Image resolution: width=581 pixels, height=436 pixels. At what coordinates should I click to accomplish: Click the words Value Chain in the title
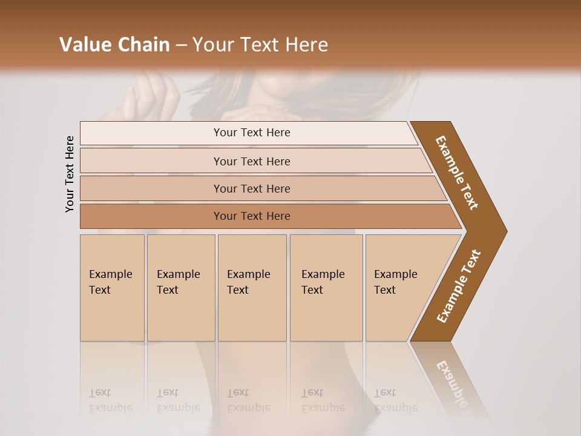(x=114, y=44)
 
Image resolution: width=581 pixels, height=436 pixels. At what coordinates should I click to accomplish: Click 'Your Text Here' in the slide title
(x=260, y=44)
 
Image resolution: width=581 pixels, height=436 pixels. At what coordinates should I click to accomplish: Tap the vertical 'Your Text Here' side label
(x=70, y=174)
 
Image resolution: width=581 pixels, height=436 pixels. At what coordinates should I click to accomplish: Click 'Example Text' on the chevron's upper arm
(x=457, y=173)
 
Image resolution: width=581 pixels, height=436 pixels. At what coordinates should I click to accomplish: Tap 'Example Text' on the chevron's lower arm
(x=459, y=286)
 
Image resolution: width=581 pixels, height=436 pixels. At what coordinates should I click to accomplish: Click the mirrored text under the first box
(x=110, y=400)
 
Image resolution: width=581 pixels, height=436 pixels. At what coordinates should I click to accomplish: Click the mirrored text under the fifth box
(x=395, y=400)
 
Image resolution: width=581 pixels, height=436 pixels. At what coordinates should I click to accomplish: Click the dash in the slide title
(x=181, y=45)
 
